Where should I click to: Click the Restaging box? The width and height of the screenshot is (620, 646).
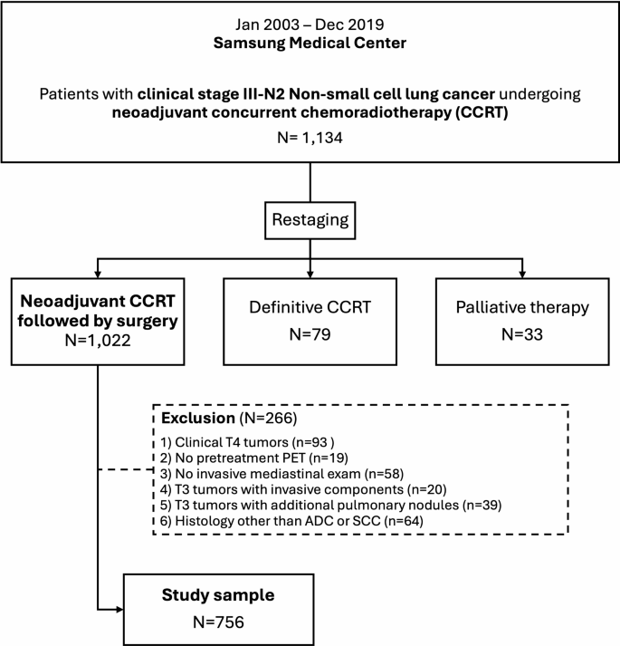tap(310, 218)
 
